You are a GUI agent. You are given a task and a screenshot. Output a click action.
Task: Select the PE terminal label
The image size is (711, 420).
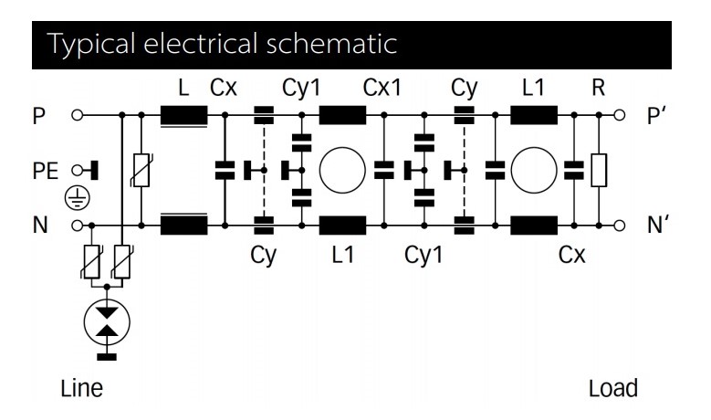[43, 171]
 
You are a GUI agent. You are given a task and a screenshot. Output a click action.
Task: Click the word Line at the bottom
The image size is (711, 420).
[81, 387]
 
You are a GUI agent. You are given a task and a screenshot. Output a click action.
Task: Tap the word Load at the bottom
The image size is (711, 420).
[613, 387]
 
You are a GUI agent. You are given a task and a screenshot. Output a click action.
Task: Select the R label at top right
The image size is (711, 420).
[599, 88]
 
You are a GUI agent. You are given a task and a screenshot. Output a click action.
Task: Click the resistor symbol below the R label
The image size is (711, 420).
[599, 170]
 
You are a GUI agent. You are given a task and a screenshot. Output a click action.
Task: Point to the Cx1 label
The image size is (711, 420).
[382, 88]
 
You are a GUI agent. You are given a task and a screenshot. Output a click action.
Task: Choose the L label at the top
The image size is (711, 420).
[185, 88]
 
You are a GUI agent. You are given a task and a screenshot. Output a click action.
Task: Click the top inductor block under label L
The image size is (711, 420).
[183, 117]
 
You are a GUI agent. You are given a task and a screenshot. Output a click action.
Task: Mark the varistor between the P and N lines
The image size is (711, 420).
[141, 170]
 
